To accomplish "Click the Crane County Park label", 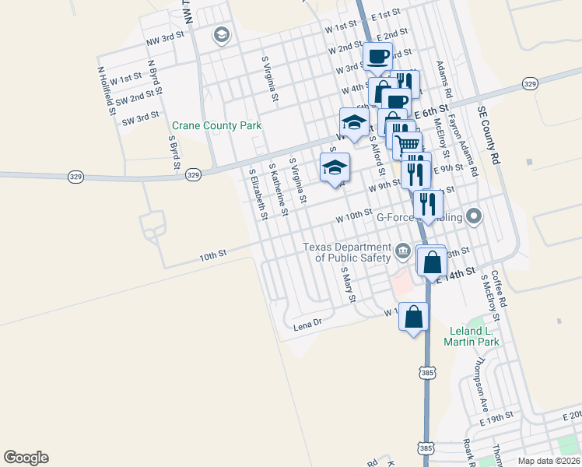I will (x=216, y=125).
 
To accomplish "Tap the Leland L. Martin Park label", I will (x=472, y=336).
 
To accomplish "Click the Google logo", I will (x=26, y=458).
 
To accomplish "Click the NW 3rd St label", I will (x=164, y=36).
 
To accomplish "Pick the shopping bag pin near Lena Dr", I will (x=414, y=316).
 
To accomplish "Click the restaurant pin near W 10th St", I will (x=428, y=204).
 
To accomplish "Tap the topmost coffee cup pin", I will (x=378, y=56).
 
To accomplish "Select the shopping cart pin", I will (x=408, y=144).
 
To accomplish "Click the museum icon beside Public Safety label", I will (x=403, y=250).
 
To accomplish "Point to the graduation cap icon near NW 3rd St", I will (x=222, y=35).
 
